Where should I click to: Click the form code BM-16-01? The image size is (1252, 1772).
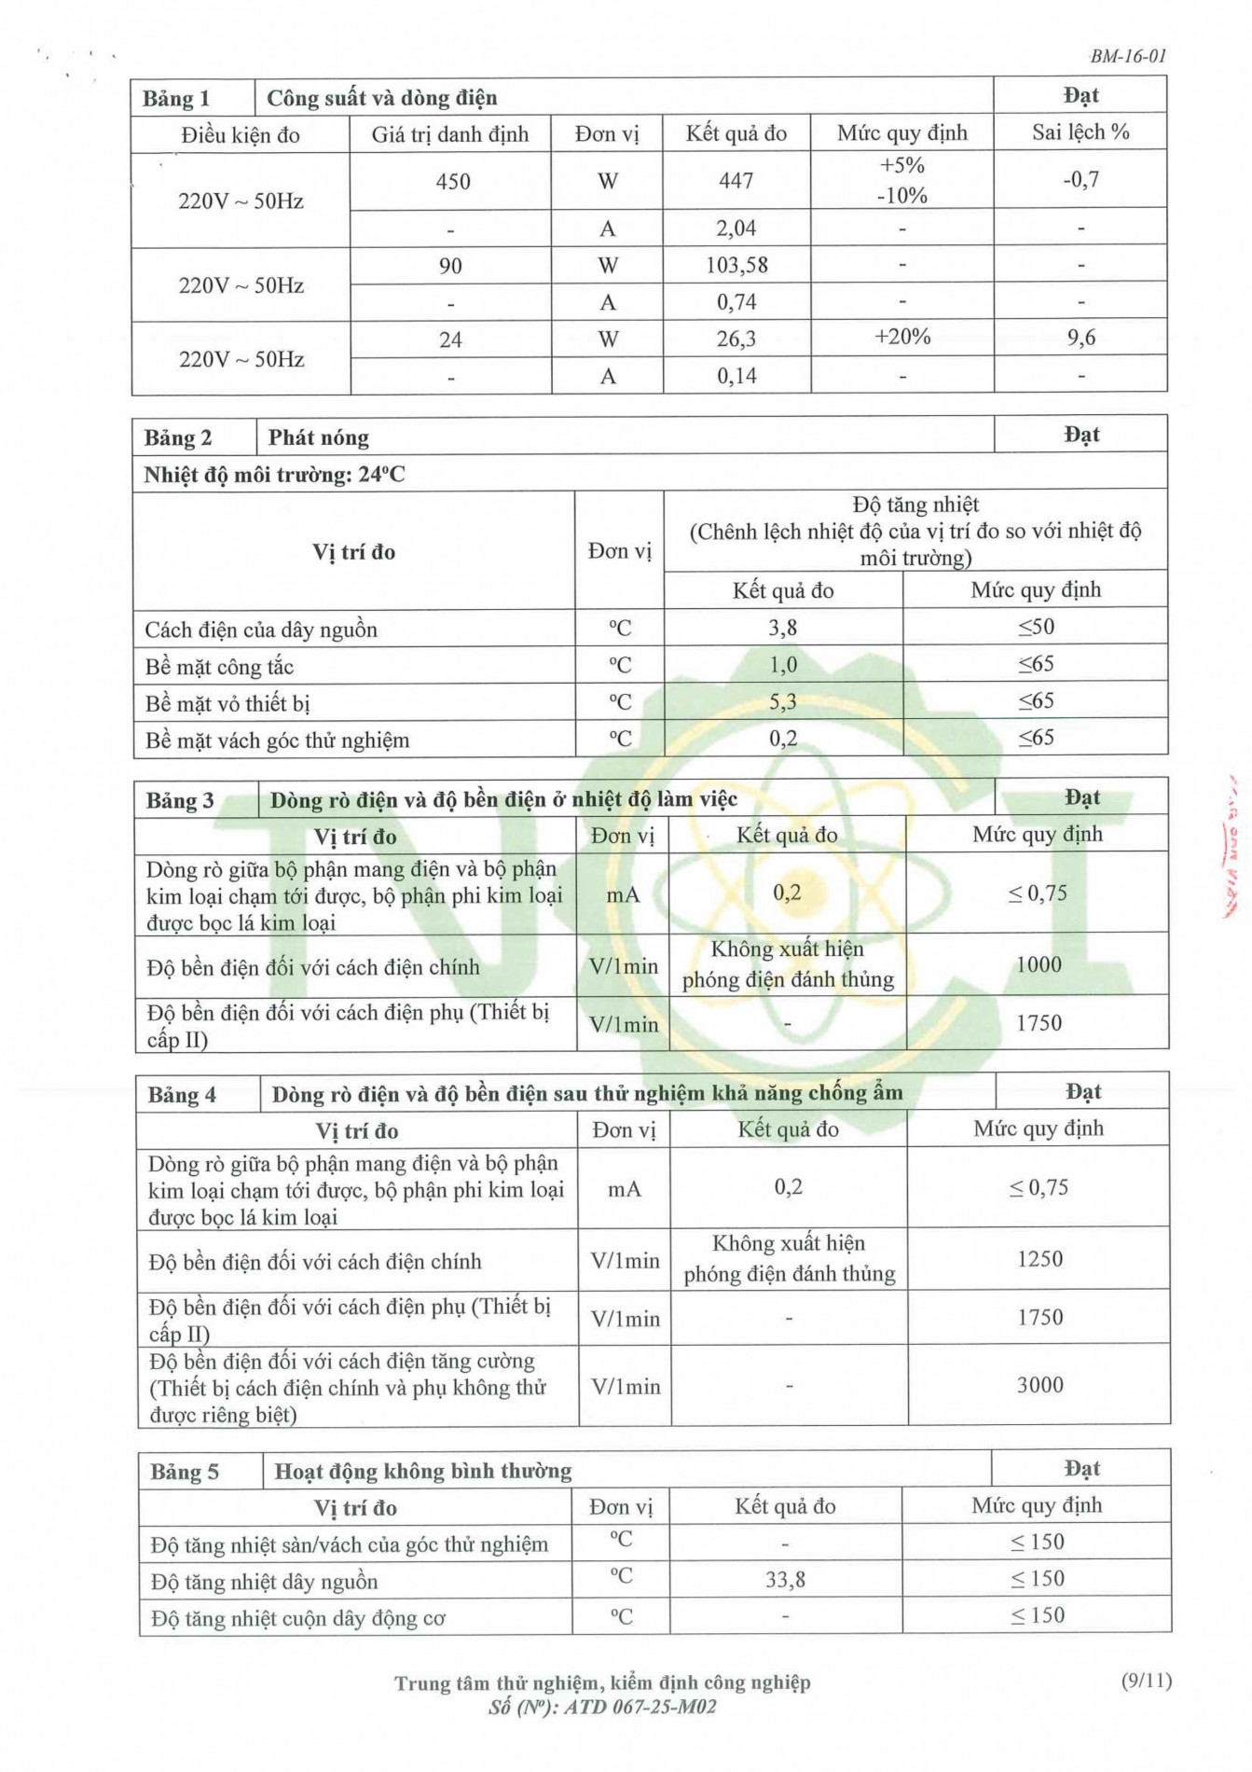tap(1128, 56)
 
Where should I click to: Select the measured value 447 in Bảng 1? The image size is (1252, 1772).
tap(736, 181)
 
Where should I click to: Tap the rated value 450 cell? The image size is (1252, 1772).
tap(452, 182)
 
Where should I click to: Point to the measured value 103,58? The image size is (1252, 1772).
tap(736, 266)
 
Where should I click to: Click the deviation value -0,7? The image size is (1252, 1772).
tap(1080, 179)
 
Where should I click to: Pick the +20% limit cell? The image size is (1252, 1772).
tap(901, 337)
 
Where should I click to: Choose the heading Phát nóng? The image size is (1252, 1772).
tap(318, 437)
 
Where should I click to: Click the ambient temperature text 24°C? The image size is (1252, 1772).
tap(381, 475)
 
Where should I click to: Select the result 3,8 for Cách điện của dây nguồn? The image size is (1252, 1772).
tap(782, 628)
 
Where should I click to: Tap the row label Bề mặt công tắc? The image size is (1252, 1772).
tap(219, 667)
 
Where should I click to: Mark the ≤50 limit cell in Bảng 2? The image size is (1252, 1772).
tap(1035, 627)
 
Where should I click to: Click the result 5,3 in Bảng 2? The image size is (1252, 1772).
tap(782, 701)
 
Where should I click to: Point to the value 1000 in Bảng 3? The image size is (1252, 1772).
tap(1038, 964)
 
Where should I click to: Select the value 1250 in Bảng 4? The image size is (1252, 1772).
tap(1039, 1259)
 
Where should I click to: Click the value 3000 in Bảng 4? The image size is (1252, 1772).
tap(1039, 1385)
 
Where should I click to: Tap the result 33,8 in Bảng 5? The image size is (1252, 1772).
tap(785, 1580)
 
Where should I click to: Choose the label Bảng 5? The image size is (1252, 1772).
tap(185, 1472)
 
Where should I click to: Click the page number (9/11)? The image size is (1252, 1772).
tap(1146, 1681)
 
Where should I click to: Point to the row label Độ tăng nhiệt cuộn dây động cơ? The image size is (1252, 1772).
tap(298, 1618)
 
